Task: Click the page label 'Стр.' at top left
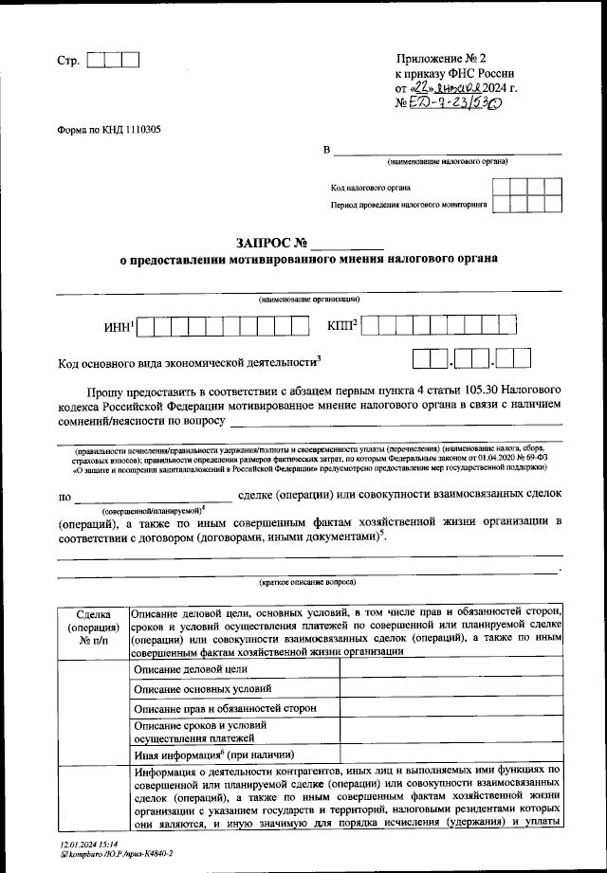67,61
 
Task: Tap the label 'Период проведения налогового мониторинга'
409,204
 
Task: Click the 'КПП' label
340,326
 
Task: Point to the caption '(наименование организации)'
308,300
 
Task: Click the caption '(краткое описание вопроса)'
308,584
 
